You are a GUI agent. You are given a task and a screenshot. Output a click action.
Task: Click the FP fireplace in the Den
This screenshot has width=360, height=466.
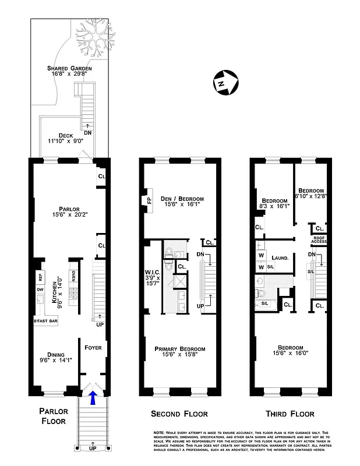[x=147, y=200]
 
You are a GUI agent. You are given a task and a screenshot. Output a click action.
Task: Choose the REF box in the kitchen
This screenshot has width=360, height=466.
[x=40, y=277]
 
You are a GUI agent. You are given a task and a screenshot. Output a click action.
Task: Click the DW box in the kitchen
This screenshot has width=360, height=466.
[x=40, y=290]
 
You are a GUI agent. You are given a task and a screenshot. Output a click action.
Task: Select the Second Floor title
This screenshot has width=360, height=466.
[x=180, y=414]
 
